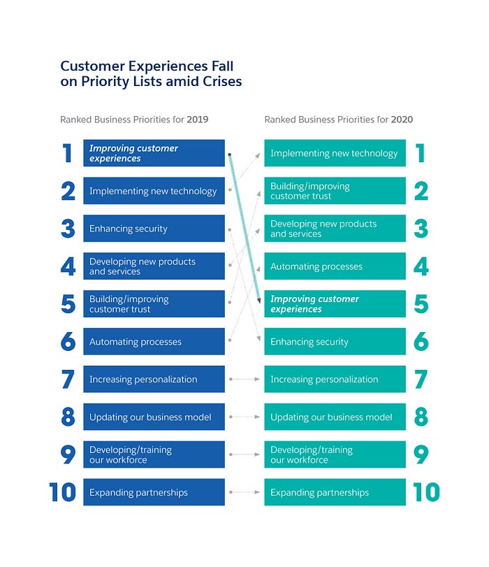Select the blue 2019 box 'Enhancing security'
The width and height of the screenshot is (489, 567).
coord(154,229)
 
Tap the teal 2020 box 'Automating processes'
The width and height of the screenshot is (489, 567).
coord(335,266)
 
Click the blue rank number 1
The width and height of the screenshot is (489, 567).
coord(68,153)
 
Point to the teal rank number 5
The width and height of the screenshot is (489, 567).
coord(421,304)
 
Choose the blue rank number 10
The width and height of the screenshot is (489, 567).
coord(63,492)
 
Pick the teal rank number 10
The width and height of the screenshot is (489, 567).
coord(426,492)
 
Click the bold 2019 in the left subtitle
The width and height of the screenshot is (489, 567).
coord(198,120)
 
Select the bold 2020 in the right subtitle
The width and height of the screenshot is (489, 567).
coord(402,120)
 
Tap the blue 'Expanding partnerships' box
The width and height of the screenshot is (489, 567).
coord(154,492)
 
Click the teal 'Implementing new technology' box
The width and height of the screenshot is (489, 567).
coord(335,153)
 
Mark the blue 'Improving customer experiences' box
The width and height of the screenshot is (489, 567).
coord(154,153)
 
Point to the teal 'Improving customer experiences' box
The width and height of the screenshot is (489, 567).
coord(335,304)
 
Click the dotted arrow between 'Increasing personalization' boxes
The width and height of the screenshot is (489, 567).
coord(245,380)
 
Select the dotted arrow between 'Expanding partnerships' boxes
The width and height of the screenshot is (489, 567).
coord(245,492)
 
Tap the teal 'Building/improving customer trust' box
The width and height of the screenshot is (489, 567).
coord(335,191)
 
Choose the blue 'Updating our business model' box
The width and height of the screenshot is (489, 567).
coord(154,417)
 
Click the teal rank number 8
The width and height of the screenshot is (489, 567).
coord(421,417)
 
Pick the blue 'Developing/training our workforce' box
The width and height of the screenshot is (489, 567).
coord(154,454)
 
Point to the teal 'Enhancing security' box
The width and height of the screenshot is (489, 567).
coord(335,342)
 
